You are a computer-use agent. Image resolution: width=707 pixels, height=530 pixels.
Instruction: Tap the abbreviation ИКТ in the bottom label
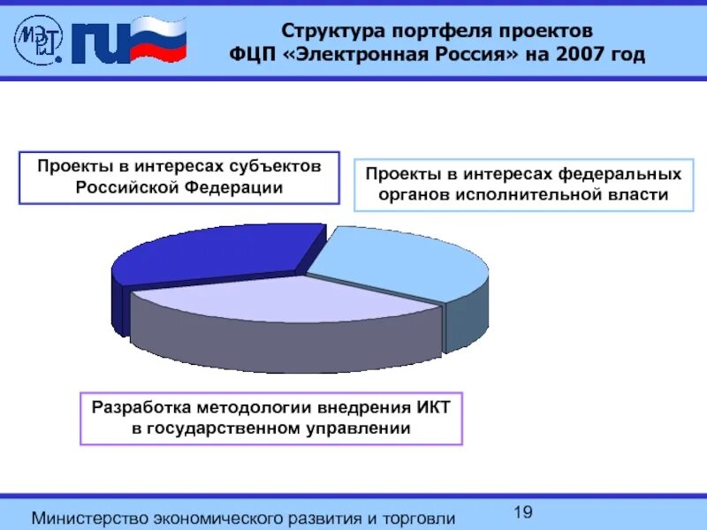click(434, 406)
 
